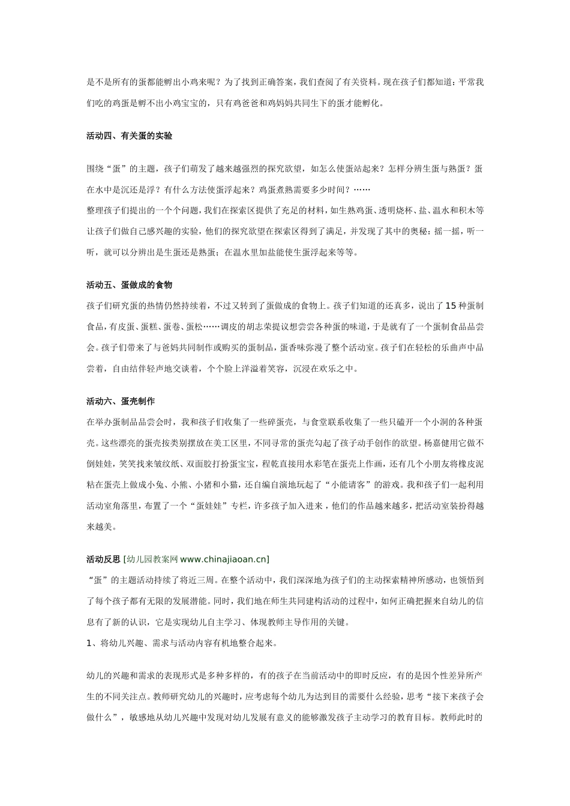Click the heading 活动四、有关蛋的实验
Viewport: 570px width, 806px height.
130,136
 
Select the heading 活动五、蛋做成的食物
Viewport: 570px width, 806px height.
130,285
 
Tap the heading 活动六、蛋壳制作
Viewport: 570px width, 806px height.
121,401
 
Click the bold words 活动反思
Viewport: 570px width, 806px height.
103,560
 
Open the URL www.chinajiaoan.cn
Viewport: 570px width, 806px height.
223,560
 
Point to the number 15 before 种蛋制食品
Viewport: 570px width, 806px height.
451,306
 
